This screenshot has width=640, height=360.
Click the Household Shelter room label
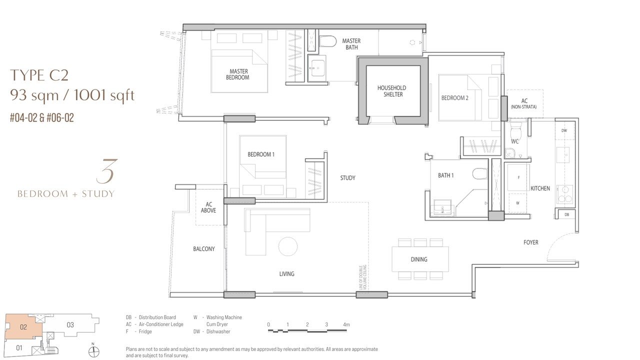[x=391, y=91]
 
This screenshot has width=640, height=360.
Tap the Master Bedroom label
[x=237, y=74]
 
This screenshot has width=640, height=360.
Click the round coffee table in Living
[x=288, y=246]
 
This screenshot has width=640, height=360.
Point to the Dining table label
[x=419, y=259]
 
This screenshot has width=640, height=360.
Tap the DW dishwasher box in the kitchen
[x=564, y=130]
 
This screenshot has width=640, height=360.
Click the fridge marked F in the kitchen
[x=518, y=177]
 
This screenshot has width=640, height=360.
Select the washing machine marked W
[x=517, y=203]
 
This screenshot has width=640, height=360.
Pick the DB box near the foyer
[x=567, y=214]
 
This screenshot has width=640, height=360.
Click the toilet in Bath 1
[x=479, y=174]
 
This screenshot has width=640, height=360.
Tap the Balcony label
[x=203, y=249]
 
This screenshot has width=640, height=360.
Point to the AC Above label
[x=208, y=207]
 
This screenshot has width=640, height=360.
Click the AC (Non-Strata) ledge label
[x=524, y=103]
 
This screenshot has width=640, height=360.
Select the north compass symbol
[x=93, y=351]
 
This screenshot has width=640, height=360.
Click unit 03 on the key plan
[x=70, y=325]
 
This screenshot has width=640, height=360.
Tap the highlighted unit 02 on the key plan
[x=23, y=327]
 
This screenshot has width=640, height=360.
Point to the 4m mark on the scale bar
[x=346, y=324]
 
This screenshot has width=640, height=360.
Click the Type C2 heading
[x=39, y=75]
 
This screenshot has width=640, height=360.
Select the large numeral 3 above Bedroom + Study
[x=107, y=171]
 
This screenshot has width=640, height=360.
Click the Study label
[x=347, y=178]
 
